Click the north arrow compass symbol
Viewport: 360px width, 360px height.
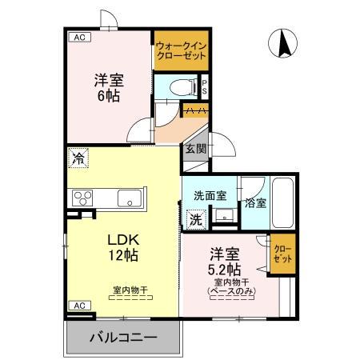coord(283,44)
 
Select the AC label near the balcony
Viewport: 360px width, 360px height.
coord(78,305)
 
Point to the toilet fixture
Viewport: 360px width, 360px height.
coord(177,86)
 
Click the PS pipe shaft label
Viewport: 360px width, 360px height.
coord(205,86)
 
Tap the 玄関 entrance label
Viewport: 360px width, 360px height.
coord(196,149)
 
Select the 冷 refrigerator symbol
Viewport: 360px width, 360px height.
coord(78,158)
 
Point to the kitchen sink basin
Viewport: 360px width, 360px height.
coord(128,198)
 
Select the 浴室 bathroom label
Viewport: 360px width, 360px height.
coord(255,202)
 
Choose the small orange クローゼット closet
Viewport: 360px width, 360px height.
coord(281,254)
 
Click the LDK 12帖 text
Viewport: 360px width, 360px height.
coord(123,247)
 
